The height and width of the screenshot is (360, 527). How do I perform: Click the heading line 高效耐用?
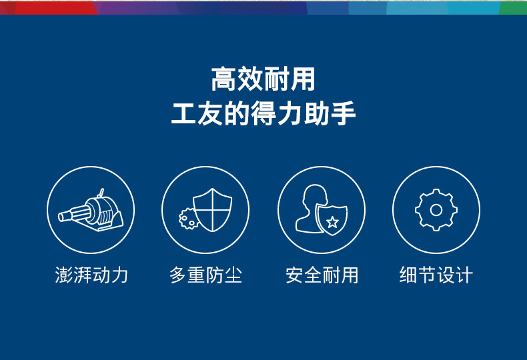point(263,79)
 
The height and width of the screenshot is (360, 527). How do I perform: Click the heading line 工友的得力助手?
point(263,113)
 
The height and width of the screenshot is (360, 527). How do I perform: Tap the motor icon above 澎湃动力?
point(91,211)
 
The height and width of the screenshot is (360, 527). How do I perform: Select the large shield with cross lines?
point(212,209)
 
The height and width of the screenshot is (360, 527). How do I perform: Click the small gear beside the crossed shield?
point(188,219)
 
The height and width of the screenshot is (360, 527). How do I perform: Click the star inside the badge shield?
point(332,222)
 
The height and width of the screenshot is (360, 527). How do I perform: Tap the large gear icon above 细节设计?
point(436,210)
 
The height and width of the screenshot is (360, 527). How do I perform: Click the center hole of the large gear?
point(436,210)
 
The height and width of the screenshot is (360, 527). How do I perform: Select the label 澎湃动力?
point(91,275)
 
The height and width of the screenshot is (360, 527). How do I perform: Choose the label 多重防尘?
point(205,275)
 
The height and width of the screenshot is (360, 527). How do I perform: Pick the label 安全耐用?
point(322,275)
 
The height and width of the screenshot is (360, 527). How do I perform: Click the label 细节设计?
point(436,275)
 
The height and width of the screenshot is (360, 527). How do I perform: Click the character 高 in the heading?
point(224,79)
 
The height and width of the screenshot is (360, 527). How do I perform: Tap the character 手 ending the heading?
point(343,113)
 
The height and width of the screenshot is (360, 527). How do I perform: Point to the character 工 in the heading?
point(183,113)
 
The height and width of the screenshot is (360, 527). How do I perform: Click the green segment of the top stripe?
point(513,7)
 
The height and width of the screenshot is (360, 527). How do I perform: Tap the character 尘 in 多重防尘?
point(233,275)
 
